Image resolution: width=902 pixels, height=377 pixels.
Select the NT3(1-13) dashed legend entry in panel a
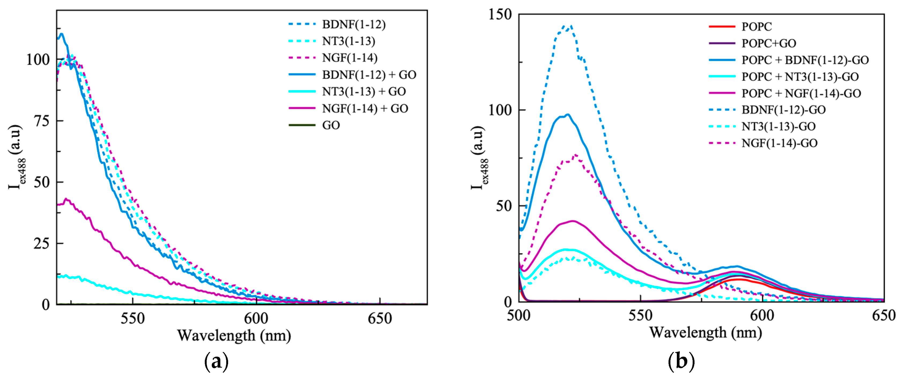[348, 41]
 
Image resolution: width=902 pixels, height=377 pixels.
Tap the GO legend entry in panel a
[331, 125]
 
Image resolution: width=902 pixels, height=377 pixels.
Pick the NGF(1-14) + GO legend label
[365, 108]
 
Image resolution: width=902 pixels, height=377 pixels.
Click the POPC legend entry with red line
[756, 27]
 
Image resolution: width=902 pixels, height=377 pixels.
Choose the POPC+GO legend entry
[769, 43]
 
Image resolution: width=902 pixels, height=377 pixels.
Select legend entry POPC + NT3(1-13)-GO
[800, 77]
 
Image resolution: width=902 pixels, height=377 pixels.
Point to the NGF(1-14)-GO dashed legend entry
[779, 143]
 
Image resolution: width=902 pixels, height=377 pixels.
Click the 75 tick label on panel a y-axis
[41, 121]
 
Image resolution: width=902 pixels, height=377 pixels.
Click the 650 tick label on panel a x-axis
[380, 319]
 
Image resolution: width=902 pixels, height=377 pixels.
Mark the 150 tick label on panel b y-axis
[499, 15]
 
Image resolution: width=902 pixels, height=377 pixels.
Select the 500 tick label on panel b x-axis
[519, 316]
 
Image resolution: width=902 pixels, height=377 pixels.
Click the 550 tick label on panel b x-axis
[640, 316]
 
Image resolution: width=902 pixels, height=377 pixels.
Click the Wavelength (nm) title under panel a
[234, 336]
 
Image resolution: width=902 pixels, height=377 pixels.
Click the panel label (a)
[216, 362]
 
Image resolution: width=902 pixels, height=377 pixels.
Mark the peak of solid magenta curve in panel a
[65, 199]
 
